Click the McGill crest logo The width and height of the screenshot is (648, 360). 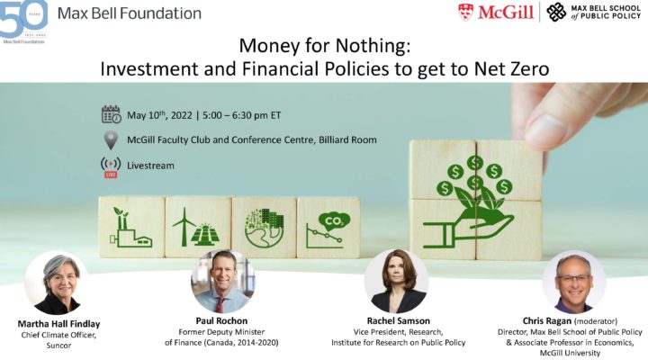point(466,12)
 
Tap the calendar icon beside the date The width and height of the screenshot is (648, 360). point(112,114)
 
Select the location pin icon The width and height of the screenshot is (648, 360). point(111,140)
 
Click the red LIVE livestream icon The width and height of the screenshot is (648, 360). point(111,167)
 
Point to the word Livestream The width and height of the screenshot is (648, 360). point(150,166)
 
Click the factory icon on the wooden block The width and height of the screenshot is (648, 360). point(131,228)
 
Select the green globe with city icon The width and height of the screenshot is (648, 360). point(264,228)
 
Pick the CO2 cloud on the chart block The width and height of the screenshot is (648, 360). point(334,222)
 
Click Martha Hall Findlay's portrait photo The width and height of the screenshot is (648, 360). point(57,283)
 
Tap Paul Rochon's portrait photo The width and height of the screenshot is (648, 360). point(223,281)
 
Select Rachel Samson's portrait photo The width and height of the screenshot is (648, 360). point(396,281)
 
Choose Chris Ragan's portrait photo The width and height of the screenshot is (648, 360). point(574,282)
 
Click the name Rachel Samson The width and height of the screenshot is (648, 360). point(399,320)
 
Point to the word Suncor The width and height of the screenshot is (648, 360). point(58,345)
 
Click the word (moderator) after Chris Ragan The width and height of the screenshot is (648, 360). point(596,321)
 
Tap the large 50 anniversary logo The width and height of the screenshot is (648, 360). point(23,20)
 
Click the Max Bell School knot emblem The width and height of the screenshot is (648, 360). point(556,12)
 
